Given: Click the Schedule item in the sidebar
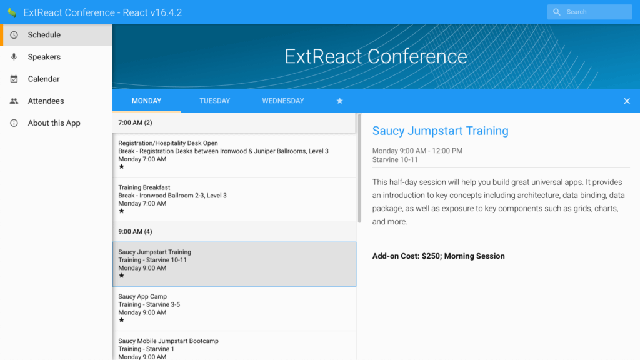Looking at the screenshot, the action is (44, 35).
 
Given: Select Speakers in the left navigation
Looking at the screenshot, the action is (44, 57).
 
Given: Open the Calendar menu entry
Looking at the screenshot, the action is (44, 79).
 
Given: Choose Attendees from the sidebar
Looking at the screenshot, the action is (46, 101).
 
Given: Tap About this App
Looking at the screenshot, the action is (54, 123).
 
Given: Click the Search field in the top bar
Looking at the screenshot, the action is (589, 12).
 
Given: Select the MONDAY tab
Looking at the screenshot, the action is (146, 101).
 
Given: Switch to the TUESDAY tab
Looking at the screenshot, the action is (215, 101).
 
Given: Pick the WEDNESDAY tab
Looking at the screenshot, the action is (283, 101).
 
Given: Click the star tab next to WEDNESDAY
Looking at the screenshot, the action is (339, 101).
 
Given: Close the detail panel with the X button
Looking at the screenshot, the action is (627, 101).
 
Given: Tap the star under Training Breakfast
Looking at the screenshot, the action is (122, 211).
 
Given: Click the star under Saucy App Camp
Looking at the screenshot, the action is (122, 320).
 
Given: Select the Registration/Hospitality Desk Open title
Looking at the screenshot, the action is (168, 143).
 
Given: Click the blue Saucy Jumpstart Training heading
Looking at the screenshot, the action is (441, 131).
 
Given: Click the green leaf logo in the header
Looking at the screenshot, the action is (12, 12).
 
